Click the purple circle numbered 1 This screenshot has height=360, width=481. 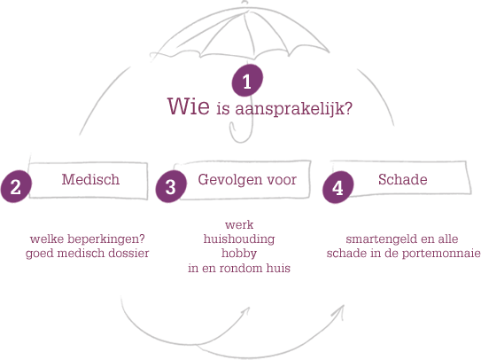click(247, 81)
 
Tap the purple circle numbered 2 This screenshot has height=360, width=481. click(16, 186)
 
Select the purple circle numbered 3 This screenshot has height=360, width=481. click(171, 186)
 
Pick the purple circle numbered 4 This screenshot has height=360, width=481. click(337, 187)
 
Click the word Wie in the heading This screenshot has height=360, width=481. click(189, 106)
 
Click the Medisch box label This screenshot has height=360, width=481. click(90, 179)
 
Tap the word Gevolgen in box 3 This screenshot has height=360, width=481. click(226, 180)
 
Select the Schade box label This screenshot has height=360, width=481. click(402, 179)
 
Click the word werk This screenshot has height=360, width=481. click(239, 225)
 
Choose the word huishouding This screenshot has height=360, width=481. click(239, 239)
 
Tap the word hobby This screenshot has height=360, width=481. click(239, 254)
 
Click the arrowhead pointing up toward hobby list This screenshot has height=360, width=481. click(246, 312)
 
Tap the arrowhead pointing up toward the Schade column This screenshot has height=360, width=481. click(340, 311)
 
